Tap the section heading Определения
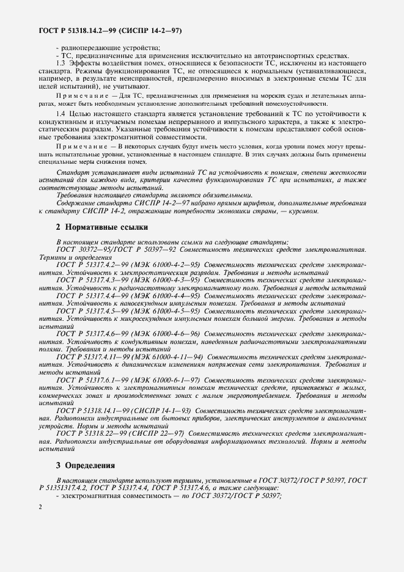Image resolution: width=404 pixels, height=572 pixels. click(x=85, y=466)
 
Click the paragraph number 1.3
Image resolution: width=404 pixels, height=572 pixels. click(x=61, y=64)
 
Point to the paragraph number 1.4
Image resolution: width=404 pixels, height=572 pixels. click(x=61, y=115)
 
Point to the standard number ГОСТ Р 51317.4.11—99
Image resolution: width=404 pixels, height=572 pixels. click(x=89, y=356)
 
